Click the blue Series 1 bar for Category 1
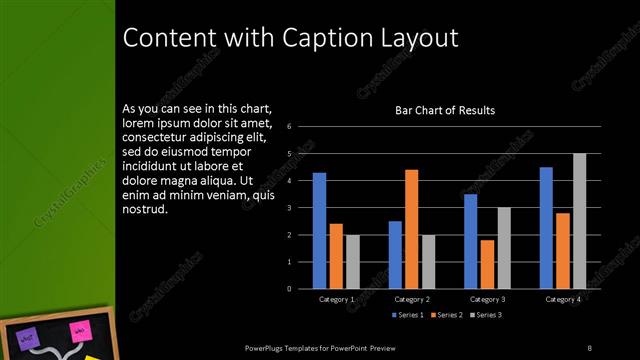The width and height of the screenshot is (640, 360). pos(319,230)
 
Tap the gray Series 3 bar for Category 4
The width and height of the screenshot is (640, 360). pos(580,221)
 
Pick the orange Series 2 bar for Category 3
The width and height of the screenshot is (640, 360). pos(487,264)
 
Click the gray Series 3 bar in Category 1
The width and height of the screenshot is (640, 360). pos(352,261)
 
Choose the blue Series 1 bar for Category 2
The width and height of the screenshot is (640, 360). pos(395,254)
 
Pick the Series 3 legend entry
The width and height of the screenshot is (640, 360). pos(484,315)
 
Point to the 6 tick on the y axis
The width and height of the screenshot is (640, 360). pos(288,127)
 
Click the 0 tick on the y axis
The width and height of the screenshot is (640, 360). pos(288,289)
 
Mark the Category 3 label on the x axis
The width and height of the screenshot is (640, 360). pos(487,299)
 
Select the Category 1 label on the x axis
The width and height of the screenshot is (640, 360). pos(336,299)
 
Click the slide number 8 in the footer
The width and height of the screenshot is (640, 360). pos(589,347)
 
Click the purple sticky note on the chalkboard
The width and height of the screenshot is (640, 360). pos(30,340)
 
